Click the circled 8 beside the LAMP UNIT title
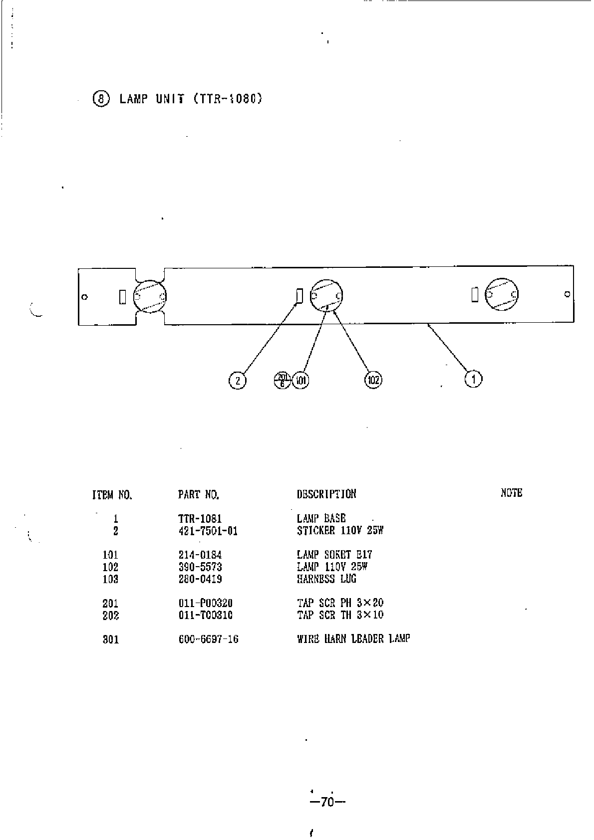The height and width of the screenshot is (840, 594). click(101, 99)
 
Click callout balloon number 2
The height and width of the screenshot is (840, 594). click(238, 381)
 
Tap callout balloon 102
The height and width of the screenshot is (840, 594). click(373, 380)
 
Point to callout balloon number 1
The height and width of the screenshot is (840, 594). click(473, 379)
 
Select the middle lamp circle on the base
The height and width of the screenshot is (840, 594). click(327, 296)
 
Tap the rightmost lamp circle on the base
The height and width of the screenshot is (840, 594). click(502, 295)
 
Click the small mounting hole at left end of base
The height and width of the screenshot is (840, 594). click(85, 297)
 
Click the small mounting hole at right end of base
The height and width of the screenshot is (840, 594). click(567, 294)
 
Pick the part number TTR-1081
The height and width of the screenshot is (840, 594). click(200, 519)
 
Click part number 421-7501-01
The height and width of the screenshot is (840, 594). click(208, 531)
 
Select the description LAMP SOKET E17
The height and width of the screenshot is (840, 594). click(334, 555)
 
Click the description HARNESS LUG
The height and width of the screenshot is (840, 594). click(326, 579)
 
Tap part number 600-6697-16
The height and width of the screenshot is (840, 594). click(208, 639)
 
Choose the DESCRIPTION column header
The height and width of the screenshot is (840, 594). click(326, 494)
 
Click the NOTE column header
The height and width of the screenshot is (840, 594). click(511, 493)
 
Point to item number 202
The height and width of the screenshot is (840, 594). click(111, 615)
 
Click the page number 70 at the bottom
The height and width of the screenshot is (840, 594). click(327, 803)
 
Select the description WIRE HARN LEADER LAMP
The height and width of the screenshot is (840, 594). click(353, 639)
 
